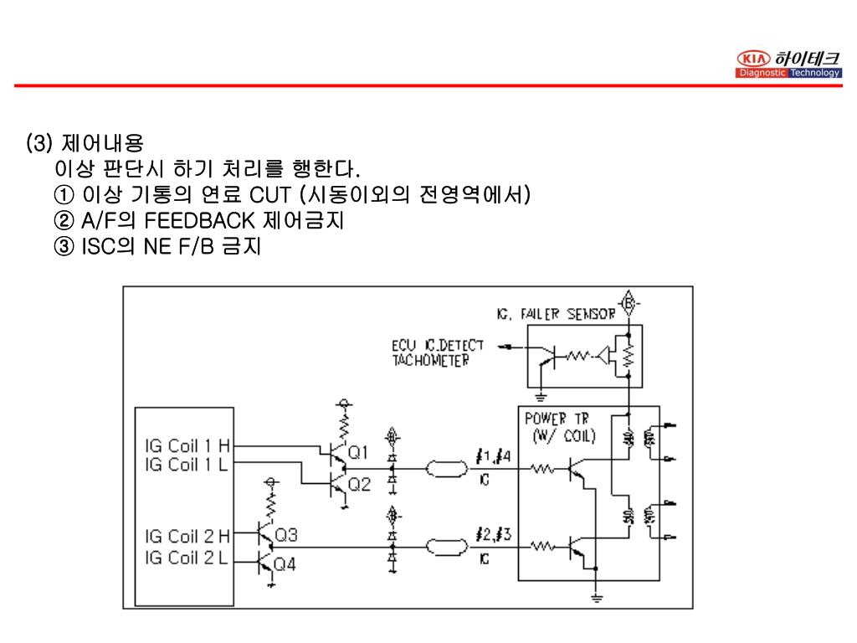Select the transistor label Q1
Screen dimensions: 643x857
coord(357,452)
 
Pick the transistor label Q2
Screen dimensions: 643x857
coord(358,484)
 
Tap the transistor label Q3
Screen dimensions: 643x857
coord(286,534)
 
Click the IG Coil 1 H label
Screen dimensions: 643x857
coord(187,446)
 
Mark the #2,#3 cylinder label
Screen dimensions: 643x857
coord(492,535)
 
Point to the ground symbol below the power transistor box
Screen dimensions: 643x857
coord(596,598)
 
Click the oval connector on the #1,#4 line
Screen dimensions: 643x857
coord(449,469)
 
